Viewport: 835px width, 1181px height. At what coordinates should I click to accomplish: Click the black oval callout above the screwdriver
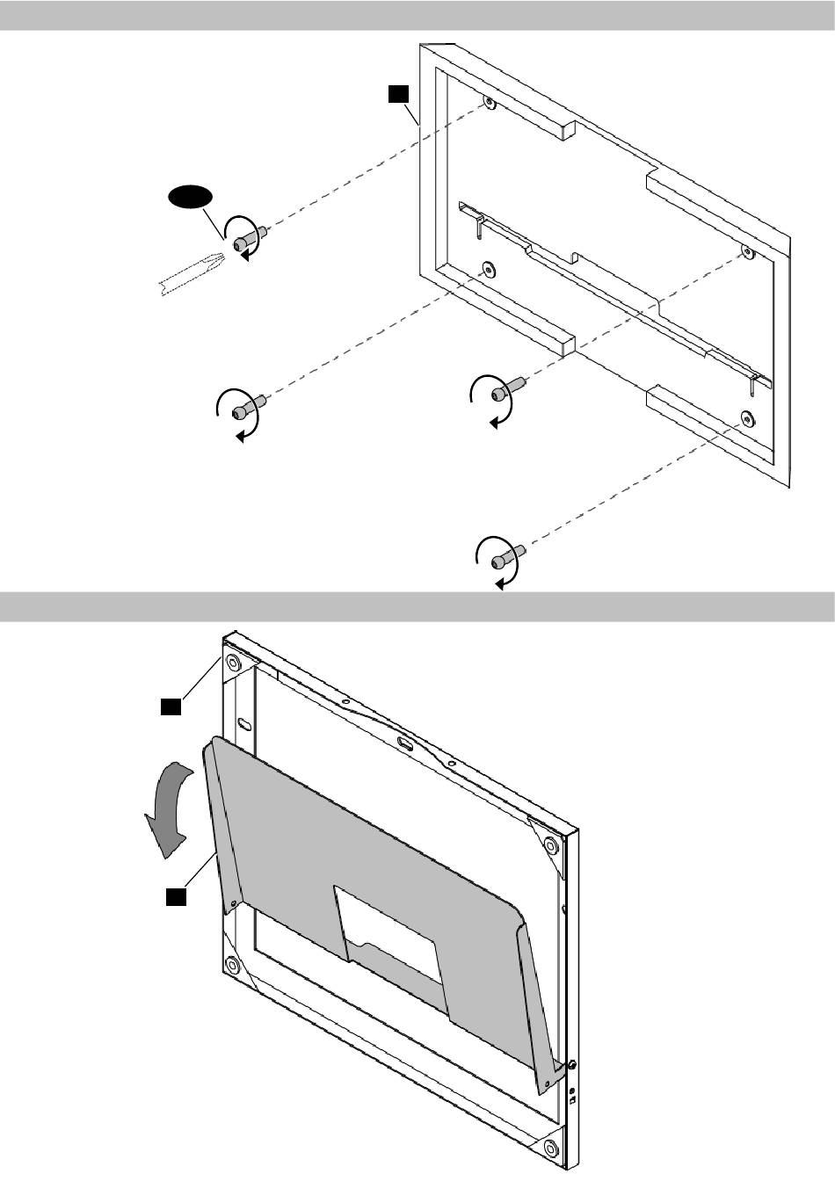(192, 198)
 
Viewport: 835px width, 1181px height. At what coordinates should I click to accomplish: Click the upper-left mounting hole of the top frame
(490, 105)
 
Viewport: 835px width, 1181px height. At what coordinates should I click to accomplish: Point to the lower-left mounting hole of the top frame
(485, 267)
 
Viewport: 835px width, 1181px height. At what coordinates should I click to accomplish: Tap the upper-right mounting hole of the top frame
(747, 253)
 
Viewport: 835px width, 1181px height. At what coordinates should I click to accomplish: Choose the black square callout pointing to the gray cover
(176, 896)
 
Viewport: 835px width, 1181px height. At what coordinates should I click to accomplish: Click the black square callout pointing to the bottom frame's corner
(171, 705)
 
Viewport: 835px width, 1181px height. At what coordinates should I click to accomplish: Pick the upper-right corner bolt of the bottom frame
(549, 848)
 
